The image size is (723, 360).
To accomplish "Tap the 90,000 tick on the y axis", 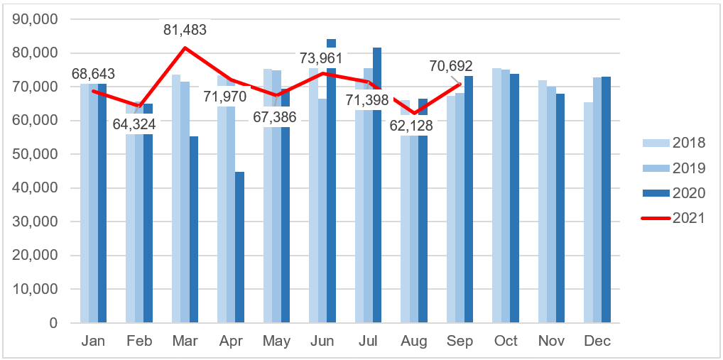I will click(x=36, y=19).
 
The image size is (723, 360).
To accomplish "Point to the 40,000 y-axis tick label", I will click(x=36, y=188).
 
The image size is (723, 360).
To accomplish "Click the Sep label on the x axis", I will click(x=460, y=342).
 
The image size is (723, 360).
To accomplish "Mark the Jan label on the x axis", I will click(x=93, y=342).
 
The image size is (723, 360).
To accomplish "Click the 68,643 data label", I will click(x=93, y=74).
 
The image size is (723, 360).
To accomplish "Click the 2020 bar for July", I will click(x=377, y=185).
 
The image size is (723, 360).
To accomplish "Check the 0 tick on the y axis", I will click(x=53, y=323).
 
